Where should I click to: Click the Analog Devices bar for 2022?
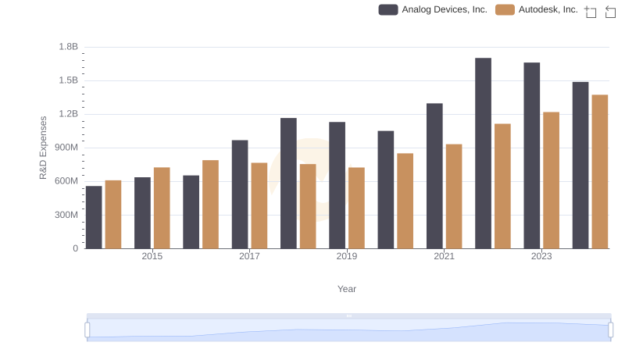click(x=483, y=153)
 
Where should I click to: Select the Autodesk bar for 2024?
click(x=600, y=172)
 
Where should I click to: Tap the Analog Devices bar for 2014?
click(x=94, y=217)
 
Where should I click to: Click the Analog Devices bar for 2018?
click(x=288, y=184)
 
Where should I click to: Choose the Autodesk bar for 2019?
click(x=356, y=208)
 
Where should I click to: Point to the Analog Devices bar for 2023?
click(x=532, y=155)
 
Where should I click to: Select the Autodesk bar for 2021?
click(x=454, y=196)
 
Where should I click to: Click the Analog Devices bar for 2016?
click(x=191, y=212)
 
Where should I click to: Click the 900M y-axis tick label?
click(x=66, y=148)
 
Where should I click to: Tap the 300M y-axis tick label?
click(x=66, y=215)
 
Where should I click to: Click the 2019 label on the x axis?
click(x=347, y=256)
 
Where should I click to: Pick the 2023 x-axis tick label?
click(x=541, y=256)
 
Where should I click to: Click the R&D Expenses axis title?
click(x=44, y=148)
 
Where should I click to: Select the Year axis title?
click(x=347, y=289)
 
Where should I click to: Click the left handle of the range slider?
click(x=87, y=330)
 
